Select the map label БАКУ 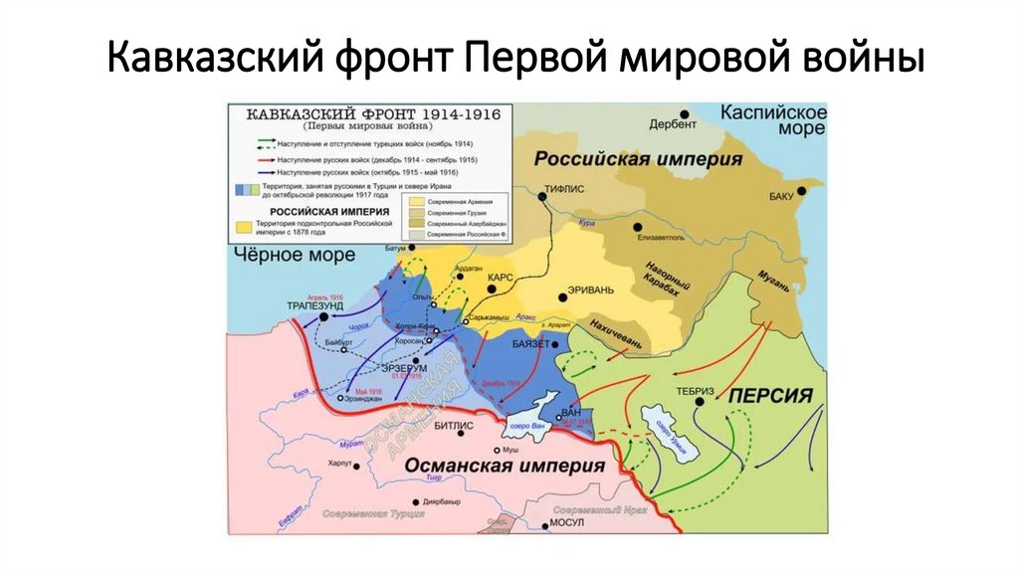click(784, 196)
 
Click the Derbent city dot click(685, 114)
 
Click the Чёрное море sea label click(296, 256)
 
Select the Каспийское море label click(773, 118)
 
